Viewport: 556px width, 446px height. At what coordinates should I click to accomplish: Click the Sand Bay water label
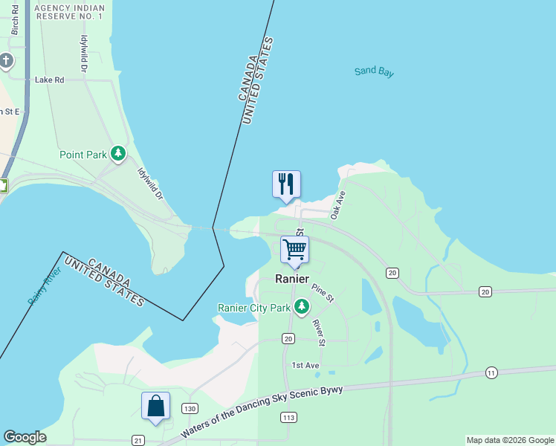tap(374, 72)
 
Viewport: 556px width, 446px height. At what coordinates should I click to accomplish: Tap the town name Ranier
tap(292, 279)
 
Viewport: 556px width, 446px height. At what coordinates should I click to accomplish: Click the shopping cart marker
tap(295, 250)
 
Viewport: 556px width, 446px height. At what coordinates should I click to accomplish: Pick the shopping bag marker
tap(155, 407)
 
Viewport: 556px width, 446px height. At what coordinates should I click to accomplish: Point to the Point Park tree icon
tap(117, 154)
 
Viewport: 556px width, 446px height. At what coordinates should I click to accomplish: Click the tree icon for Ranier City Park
tap(301, 306)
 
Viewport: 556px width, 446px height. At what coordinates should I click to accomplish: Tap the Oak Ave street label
tap(339, 204)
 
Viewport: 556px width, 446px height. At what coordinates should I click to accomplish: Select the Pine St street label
tap(323, 292)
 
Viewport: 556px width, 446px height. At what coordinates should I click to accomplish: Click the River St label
tap(318, 332)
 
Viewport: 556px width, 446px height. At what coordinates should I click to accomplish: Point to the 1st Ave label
tap(305, 365)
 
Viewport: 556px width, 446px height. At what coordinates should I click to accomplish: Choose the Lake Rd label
tap(49, 80)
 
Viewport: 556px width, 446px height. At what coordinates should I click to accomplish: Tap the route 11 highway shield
tap(491, 372)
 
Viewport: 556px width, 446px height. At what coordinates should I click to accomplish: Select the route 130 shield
tap(190, 409)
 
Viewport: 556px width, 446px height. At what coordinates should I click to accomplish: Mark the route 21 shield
tap(138, 441)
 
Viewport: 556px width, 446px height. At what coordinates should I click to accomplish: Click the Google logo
tap(25, 437)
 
